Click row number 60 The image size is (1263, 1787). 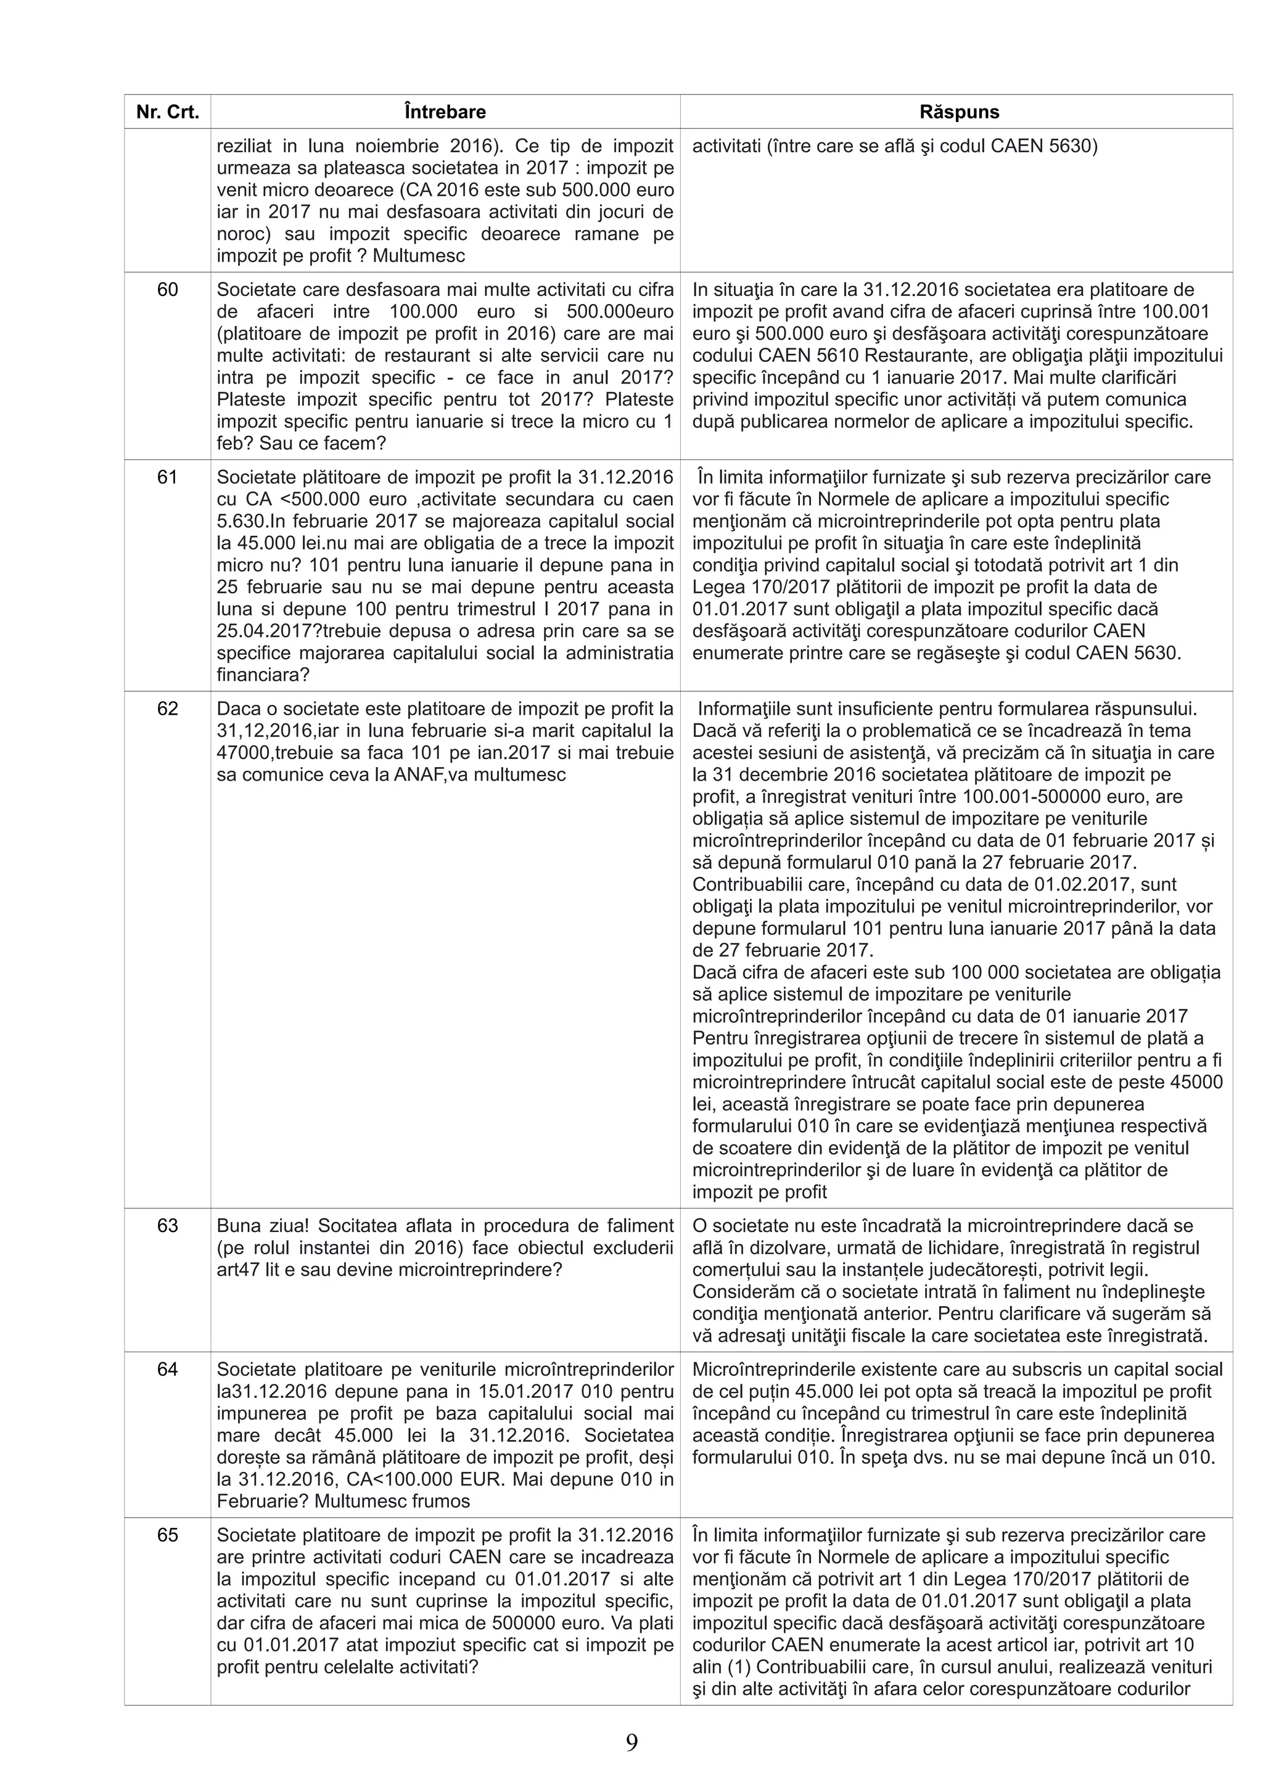[167, 290]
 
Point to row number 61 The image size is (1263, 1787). [167, 477]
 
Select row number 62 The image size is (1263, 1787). [167, 709]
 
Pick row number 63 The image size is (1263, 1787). [167, 1226]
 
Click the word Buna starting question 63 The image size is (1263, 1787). [237, 1226]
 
